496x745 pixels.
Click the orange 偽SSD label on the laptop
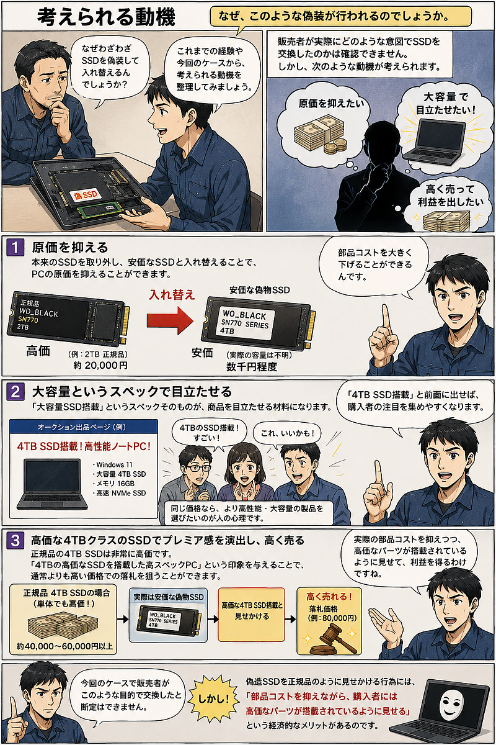pos(86,195)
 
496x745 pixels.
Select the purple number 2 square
pos(15,392)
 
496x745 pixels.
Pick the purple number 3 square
pos(15,540)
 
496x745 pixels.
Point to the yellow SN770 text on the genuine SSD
pos(29,320)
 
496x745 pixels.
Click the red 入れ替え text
pos(172,295)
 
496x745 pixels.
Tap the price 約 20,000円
pos(100,366)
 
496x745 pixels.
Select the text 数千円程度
pos(252,366)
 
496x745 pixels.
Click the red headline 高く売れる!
pos(329,597)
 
